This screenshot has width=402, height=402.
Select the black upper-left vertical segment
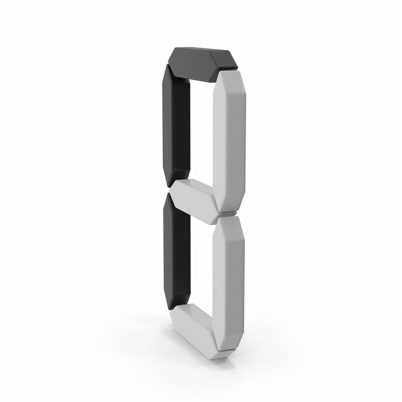point(176,126)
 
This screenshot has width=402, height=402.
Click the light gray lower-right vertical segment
point(229,285)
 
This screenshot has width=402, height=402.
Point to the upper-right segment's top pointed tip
point(229,70)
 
